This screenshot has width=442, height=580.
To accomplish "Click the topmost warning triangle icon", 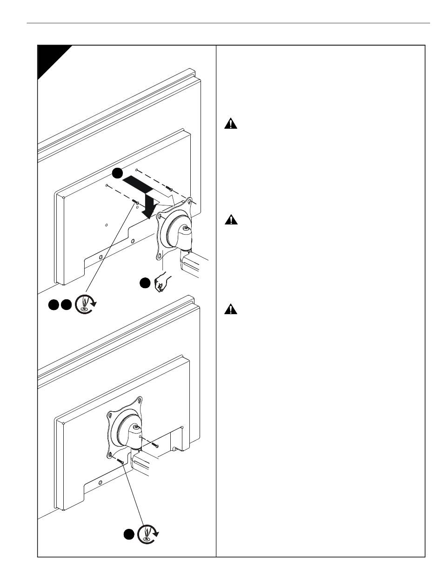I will click(231, 124).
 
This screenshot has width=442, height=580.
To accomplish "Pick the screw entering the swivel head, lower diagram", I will click(155, 446).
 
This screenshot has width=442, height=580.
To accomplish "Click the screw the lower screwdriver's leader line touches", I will click(121, 461).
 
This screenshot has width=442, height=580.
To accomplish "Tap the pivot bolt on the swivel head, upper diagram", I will click(186, 228).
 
